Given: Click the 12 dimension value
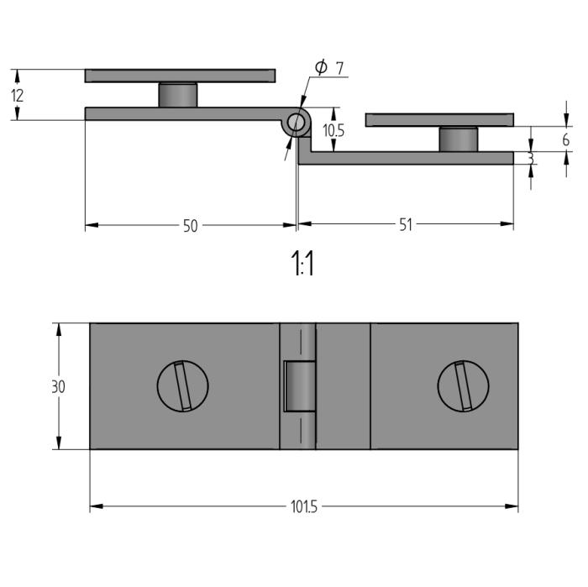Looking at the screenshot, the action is click(18, 96).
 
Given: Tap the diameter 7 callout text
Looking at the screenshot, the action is click(329, 67).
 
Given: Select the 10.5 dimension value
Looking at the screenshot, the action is click(333, 130).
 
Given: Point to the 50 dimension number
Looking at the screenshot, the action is click(190, 226).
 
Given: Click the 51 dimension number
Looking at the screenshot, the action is click(406, 224).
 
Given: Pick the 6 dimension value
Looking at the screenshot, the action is click(566, 139).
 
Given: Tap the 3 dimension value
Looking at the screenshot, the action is click(531, 159).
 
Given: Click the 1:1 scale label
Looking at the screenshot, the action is click(302, 263).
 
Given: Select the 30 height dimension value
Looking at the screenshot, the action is click(58, 386).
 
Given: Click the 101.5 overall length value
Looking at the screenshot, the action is click(304, 506).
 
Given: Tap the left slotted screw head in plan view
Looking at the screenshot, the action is click(182, 385).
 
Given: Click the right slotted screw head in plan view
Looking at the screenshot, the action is click(463, 385).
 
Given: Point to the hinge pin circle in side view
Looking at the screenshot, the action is click(296, 122).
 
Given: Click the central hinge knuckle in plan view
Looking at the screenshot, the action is click(299, 386).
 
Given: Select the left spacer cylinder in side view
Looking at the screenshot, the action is click(178, 95).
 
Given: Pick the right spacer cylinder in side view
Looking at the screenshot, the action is click(459, 139).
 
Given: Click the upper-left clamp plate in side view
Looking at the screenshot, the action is click(180, 76).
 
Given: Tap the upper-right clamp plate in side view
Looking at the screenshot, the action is click(439, 120).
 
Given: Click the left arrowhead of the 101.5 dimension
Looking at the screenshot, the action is click(97, 506).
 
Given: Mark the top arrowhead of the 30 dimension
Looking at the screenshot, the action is click(59, 329).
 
